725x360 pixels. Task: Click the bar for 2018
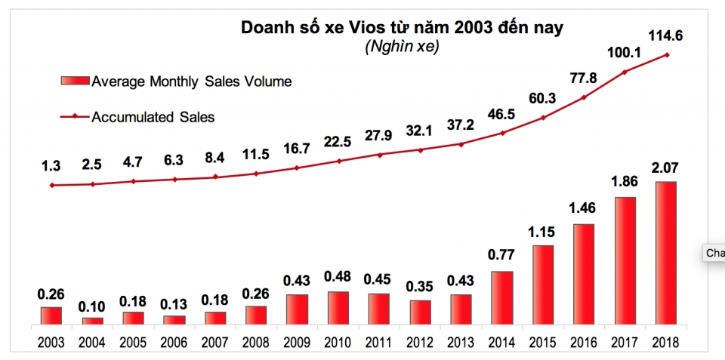click(665, 253)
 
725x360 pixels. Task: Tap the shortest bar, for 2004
click(92, 321)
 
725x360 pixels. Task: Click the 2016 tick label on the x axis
click(582, 342)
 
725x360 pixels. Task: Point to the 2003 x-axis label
click(51, 342)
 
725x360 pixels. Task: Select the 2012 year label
click(420, 342)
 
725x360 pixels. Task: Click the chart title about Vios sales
click(402, 28)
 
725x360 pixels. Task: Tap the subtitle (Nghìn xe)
click(402, 48)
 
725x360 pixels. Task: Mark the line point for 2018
click(667, 54)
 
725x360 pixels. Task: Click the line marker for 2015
click(542, 118)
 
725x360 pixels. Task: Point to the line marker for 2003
click(51, 185)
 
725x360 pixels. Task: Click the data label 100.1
click(624, 52)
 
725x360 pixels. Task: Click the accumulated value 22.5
click(338, 141)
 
